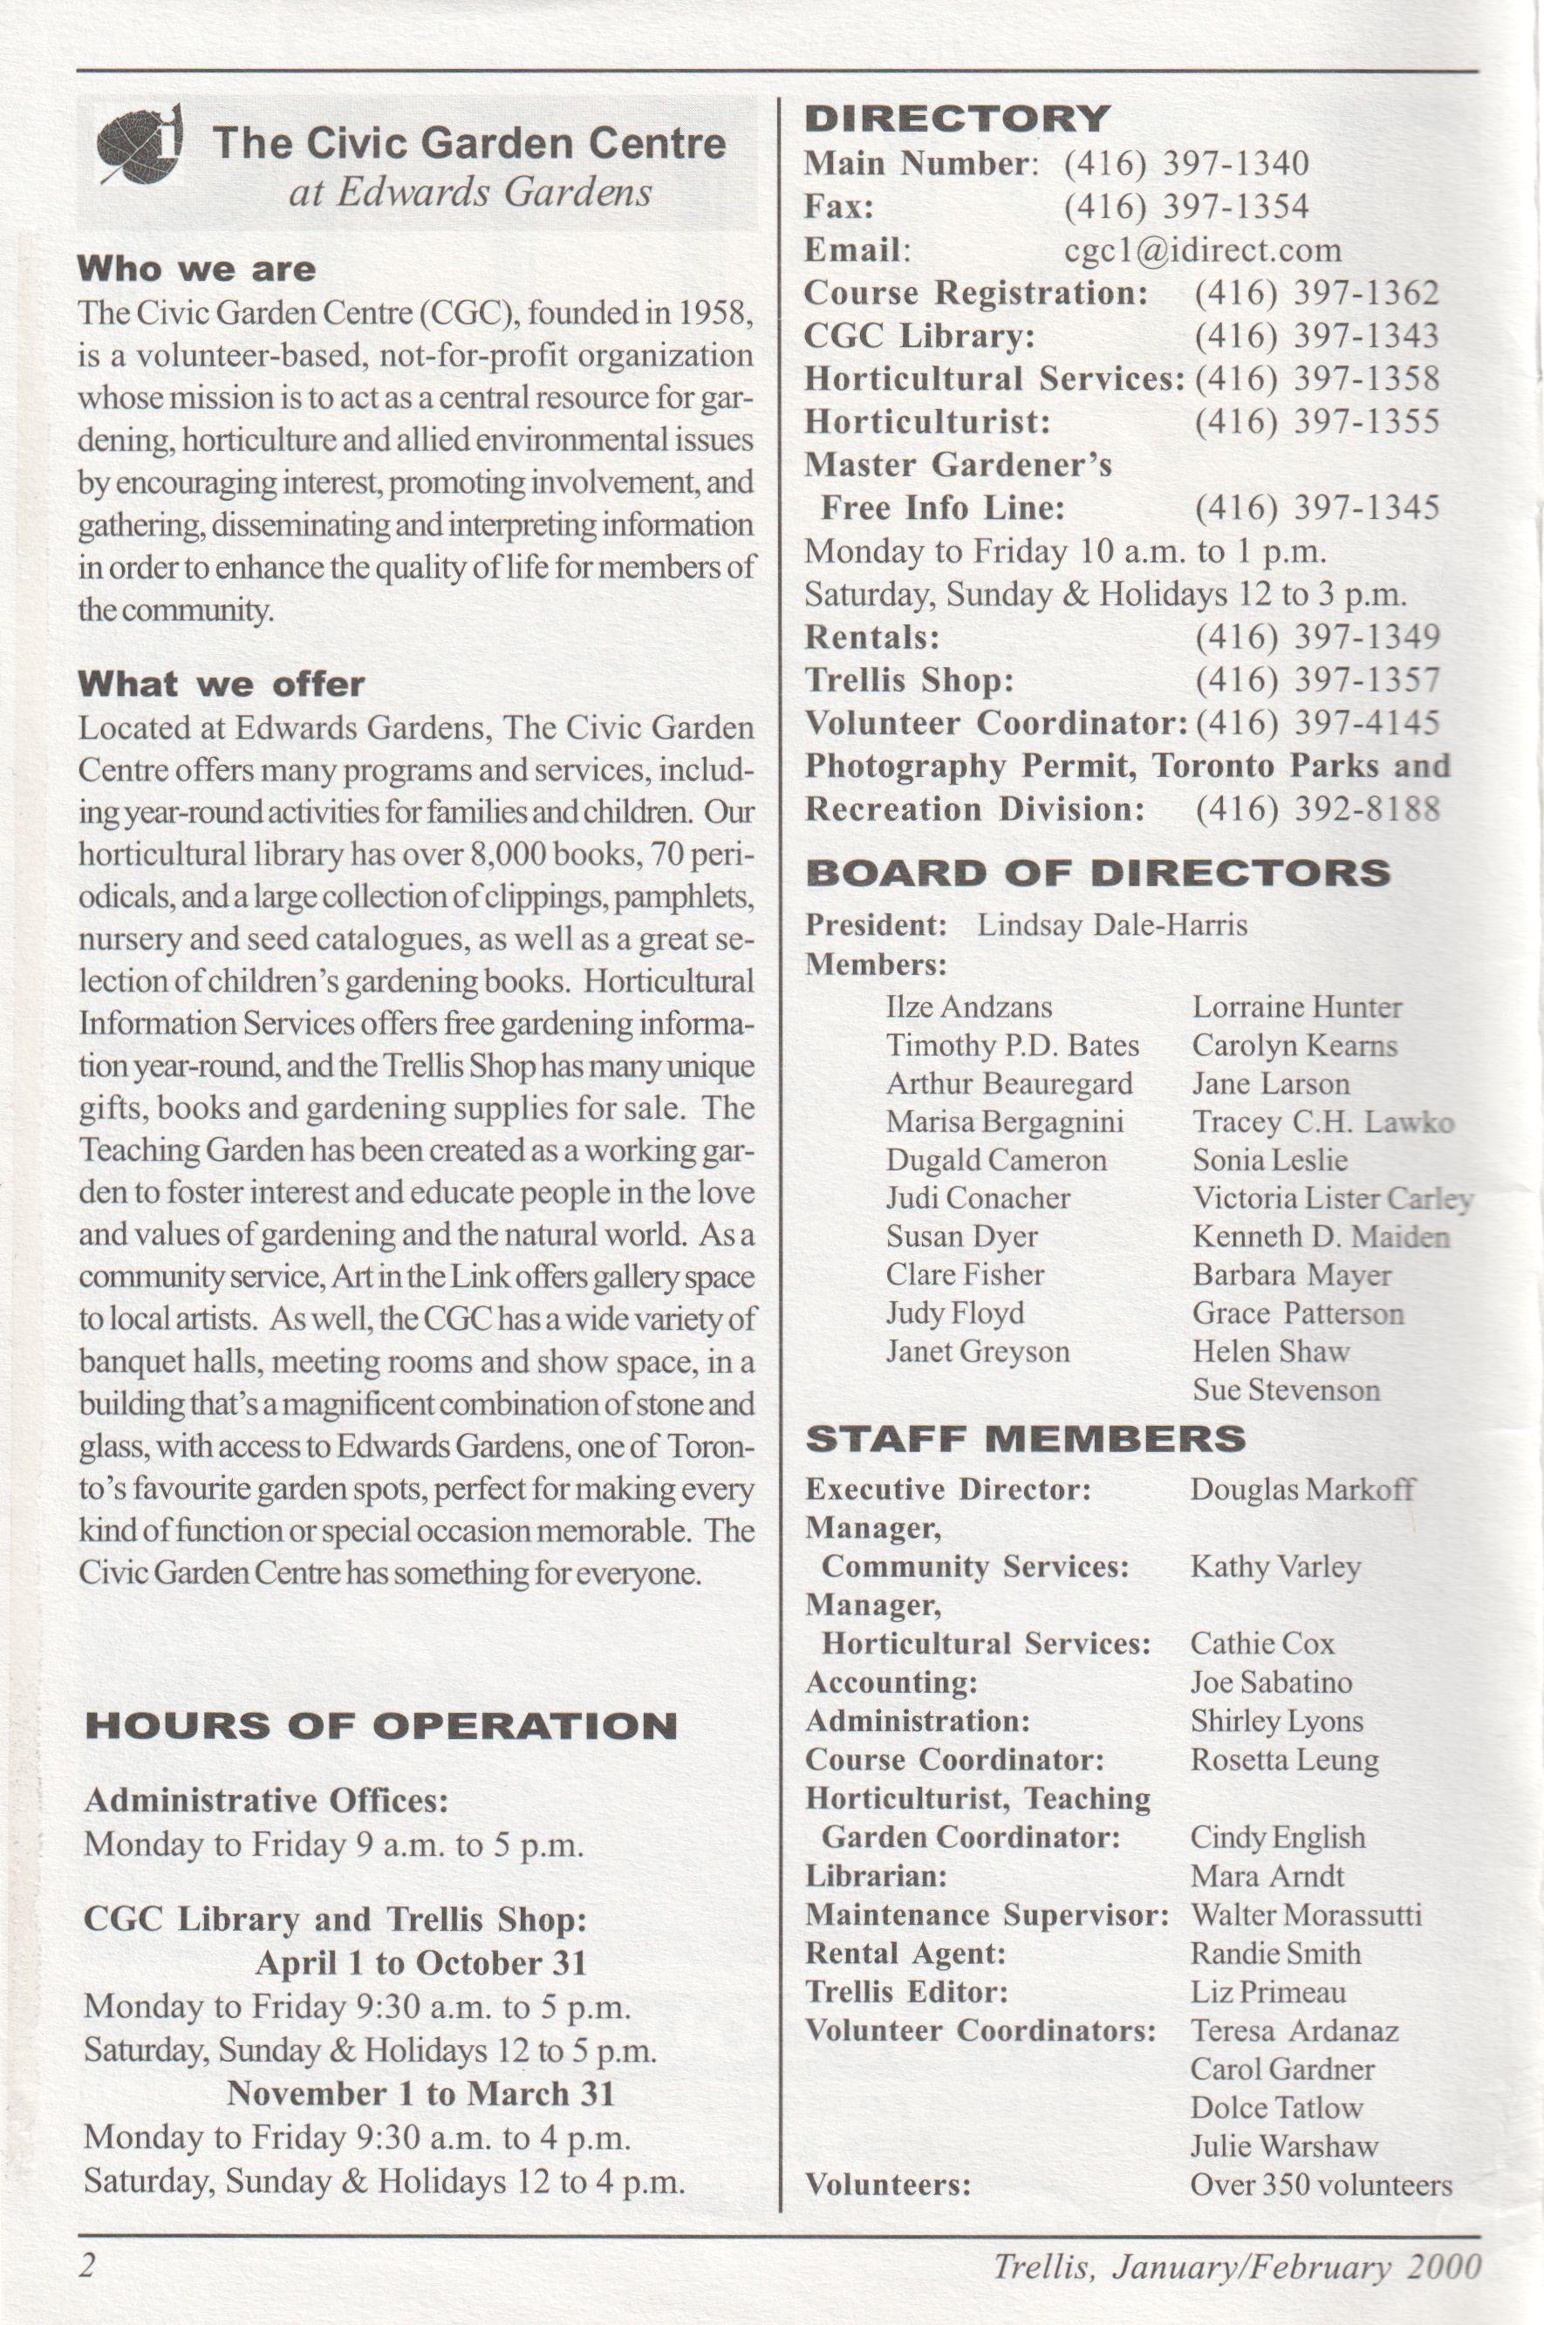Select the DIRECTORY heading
(957, 119)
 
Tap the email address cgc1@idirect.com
(1202, 250)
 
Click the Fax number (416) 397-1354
(1185, 207)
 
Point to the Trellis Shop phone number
(1316, 680)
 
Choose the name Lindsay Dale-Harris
(1111, 925)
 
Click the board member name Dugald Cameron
(995, 1161)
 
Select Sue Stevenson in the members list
(1285, 1390)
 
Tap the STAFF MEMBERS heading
(1025, 1439)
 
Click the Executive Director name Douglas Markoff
(1301, 1490)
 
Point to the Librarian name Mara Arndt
(1267, 1876)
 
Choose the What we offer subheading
(221, 684)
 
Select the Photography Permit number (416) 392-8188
(1316, 810)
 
